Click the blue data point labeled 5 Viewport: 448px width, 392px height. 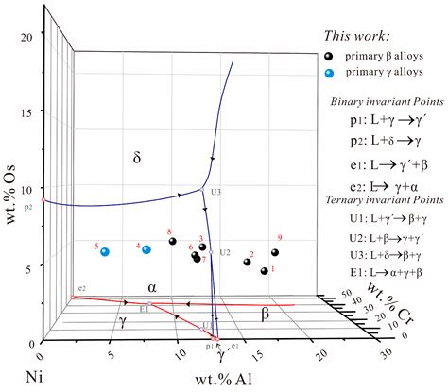pos(106,251)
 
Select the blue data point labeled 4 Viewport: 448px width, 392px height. pos(146,249)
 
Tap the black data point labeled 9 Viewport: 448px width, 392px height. pos(275,252)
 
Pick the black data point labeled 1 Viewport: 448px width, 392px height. pos(265,271)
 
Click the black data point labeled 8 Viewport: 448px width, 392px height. pos(173,242)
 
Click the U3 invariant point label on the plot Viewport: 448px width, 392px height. pos(216,192)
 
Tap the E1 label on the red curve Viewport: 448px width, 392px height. pos(145,309)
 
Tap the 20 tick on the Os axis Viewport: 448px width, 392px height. pos(27,36)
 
